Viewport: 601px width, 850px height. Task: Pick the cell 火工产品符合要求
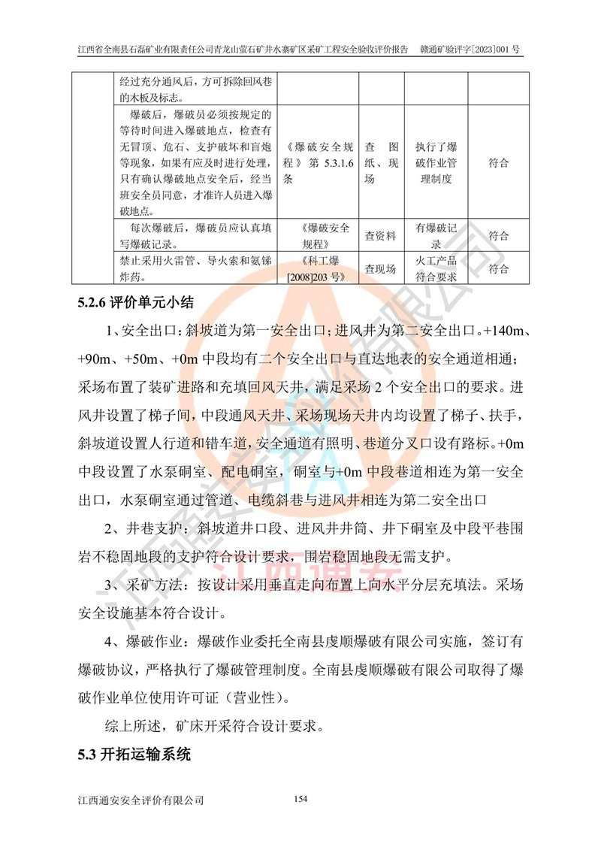point(436,268)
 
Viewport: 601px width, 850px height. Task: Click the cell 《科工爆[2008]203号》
point(318,268)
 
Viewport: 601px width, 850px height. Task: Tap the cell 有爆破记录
point(436,236)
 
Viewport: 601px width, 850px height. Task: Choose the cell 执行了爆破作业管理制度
point(436,163)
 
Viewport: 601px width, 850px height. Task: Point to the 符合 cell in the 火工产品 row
point(498,268)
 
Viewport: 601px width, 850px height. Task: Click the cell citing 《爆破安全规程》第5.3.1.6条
point(318,163)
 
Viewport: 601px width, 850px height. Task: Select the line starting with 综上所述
point(213,727)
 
